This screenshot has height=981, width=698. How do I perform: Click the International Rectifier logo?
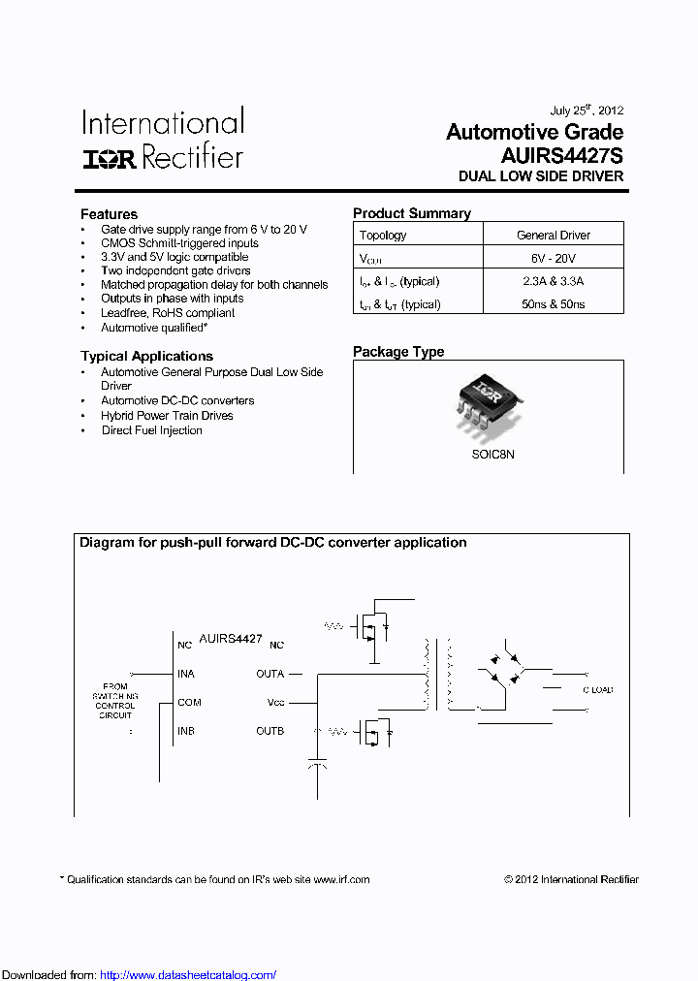[162, 140]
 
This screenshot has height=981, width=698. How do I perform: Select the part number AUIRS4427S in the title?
[561, 155]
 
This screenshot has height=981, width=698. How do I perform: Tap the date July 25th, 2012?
[587, 110]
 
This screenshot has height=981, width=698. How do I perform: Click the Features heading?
[109, 214]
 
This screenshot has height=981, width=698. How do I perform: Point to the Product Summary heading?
[411, 213]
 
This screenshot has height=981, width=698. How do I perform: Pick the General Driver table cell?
[553, 236]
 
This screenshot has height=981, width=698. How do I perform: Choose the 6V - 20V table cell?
[553, 259]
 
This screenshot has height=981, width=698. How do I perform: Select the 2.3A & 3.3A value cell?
[553, 281]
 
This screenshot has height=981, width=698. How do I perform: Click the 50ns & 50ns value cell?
[553, 304]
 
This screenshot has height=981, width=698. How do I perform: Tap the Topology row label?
[383, 236]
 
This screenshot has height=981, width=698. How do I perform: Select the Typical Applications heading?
[146, 356]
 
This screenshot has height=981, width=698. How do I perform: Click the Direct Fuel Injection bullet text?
[151, 430]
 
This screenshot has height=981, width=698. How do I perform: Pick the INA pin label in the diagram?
[185, 674]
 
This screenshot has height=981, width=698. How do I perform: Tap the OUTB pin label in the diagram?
[270, 731]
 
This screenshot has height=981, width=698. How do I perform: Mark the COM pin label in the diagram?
[188, 702]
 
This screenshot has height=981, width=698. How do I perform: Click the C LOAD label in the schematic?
[597, 690]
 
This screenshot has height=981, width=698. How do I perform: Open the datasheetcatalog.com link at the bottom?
[188, 975]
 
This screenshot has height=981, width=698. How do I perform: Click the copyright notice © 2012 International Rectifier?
[571, 880]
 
